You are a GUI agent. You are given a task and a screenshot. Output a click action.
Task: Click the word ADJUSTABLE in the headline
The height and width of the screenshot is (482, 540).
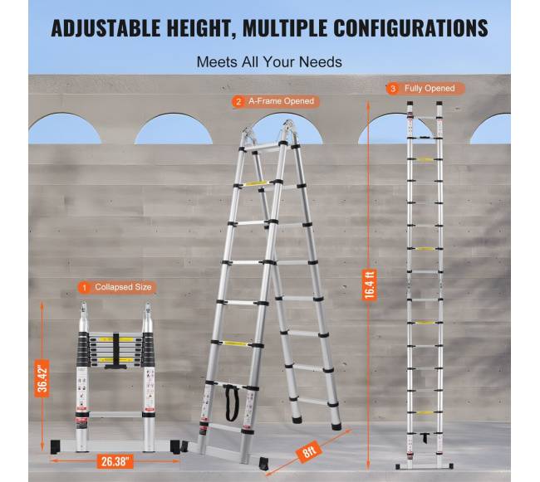pos(106,28)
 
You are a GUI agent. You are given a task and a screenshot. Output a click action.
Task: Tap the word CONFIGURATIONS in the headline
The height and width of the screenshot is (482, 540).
pos(411,28)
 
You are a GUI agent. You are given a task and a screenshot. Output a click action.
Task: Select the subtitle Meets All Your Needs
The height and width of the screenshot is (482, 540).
pos(269,62)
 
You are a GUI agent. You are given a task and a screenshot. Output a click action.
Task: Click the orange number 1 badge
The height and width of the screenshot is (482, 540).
pos(85,287)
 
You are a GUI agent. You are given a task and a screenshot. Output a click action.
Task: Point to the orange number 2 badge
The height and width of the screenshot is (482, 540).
pos(238,102)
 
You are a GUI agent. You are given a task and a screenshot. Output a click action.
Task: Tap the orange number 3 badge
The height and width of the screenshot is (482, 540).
pos(392,89)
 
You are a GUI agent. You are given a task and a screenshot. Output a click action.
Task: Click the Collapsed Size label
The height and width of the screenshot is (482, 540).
pos(123,287)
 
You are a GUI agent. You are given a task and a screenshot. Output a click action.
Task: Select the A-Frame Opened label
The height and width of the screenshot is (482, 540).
pos(281,101)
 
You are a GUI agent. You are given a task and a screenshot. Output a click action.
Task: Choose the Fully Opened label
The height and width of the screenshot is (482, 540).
pos(430,89)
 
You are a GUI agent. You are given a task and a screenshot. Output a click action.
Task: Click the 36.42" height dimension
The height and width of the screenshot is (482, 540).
pos(42,378)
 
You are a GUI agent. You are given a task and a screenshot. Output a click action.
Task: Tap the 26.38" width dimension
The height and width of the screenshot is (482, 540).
pos(115,461)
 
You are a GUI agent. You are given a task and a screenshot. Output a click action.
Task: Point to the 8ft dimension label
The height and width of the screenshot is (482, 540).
pos(309,450)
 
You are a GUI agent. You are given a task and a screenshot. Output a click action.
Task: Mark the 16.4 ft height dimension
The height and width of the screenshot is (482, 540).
pos(369,285)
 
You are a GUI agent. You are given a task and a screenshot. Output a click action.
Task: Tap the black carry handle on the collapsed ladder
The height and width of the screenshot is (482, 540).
pos(115,351)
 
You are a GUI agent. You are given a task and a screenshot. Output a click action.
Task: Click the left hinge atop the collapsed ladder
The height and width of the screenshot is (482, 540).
pos(84,312)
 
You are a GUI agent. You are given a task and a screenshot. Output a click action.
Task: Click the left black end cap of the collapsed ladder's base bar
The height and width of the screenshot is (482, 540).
pos(56,446)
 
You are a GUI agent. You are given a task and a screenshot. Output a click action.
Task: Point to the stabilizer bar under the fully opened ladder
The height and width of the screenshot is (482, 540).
pos(425,466)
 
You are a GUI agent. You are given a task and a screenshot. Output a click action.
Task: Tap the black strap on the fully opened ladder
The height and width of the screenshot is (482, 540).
pos(425,438)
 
